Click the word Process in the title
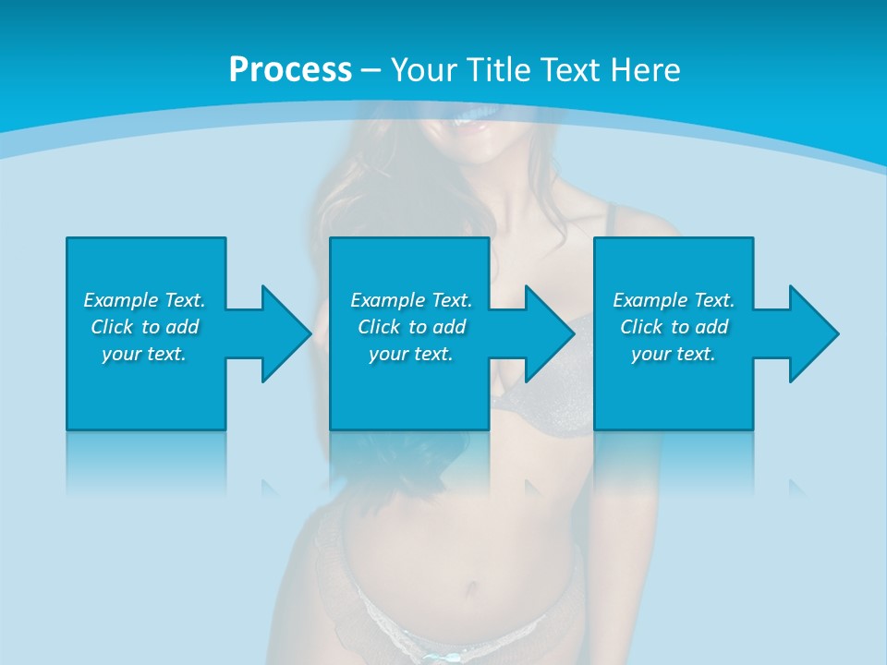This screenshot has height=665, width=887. click(x=290, y=70)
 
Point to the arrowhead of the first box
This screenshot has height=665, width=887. click(x=286, y=333)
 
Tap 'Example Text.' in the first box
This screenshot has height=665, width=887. click(x=144, y=300)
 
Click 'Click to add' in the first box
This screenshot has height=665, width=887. click(x=144, y=327)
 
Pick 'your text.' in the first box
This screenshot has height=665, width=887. click(x=144, y=354)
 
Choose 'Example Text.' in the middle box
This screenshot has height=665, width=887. click(x=411, y=300)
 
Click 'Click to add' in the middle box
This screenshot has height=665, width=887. click(x=411, y=327)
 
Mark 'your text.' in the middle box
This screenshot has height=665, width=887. click(x=411, y=354)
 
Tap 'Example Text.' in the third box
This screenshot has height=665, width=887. click(x=674, y=300)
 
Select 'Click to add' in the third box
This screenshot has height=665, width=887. click(x=674, y=327)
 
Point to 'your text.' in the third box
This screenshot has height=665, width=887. click(x=674, y=354)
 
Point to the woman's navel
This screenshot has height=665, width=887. click(x=472, y=584)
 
